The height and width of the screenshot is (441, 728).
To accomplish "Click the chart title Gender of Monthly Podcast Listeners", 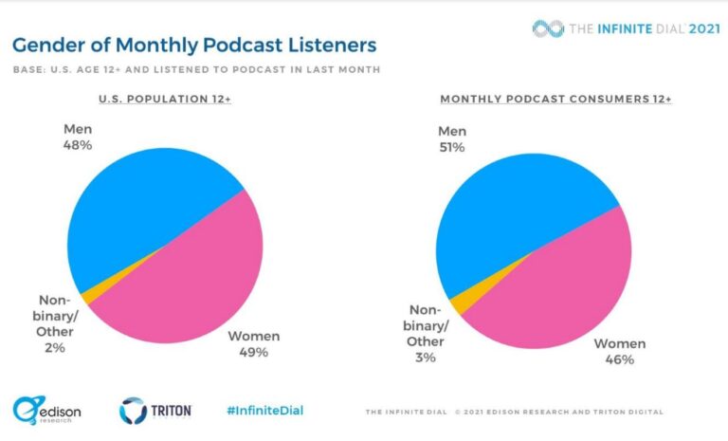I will (193, 45).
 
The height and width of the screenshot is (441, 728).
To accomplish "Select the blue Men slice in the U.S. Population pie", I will (142, 209).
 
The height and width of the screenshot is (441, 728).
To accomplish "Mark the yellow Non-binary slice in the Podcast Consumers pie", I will (458, 303).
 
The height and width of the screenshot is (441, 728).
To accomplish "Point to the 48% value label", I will (77, 145).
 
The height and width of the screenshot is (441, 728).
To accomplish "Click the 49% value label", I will (253, 353).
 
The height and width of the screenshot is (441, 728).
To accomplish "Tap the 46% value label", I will (619, 359).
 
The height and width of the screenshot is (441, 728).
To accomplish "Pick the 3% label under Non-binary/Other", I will (425, 357).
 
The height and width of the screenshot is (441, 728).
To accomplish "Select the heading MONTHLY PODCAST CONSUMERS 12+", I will (555, 99).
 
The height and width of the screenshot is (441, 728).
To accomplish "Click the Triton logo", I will (155, 411).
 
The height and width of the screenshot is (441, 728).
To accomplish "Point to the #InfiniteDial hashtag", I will (265, 410).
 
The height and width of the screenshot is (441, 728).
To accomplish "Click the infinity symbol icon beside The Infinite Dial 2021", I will (548, 28).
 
